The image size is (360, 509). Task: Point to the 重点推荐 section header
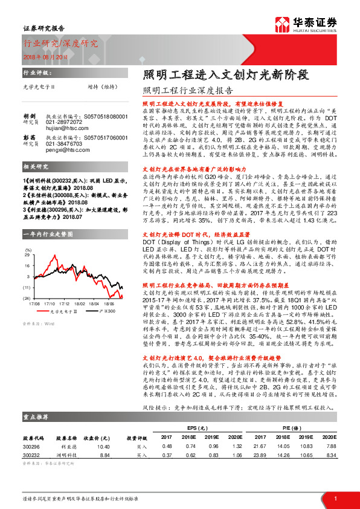click(36, 433)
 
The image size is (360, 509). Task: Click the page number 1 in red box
click(335, 498)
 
